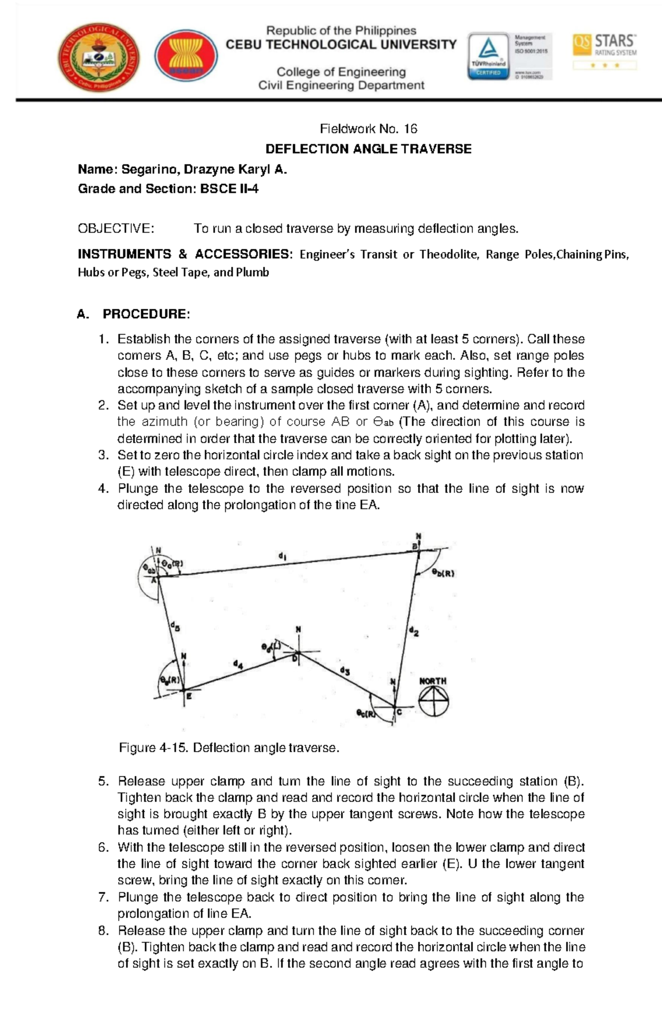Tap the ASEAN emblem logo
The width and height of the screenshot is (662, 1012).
pos(186,56)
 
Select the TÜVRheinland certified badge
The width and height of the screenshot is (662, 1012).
pos(488,56)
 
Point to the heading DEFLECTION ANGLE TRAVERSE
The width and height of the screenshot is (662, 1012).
pos(368,149)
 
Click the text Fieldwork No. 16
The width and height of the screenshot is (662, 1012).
pos(368,129)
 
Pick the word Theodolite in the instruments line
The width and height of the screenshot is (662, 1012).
pos(447,254)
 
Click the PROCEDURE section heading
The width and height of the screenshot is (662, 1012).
pos(146,314)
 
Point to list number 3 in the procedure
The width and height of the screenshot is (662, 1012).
pos(103,455)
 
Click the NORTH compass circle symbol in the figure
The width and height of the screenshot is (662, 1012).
pos(434,702)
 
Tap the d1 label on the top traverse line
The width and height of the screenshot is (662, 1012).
pos(282,557)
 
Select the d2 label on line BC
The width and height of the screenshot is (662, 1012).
pos(413,631)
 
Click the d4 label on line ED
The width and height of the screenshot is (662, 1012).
pos(238,665)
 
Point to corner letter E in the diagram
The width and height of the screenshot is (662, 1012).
pos(189,697)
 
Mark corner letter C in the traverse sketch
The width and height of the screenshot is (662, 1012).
pos(399,712)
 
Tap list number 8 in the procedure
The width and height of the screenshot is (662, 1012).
pos(103,931)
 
